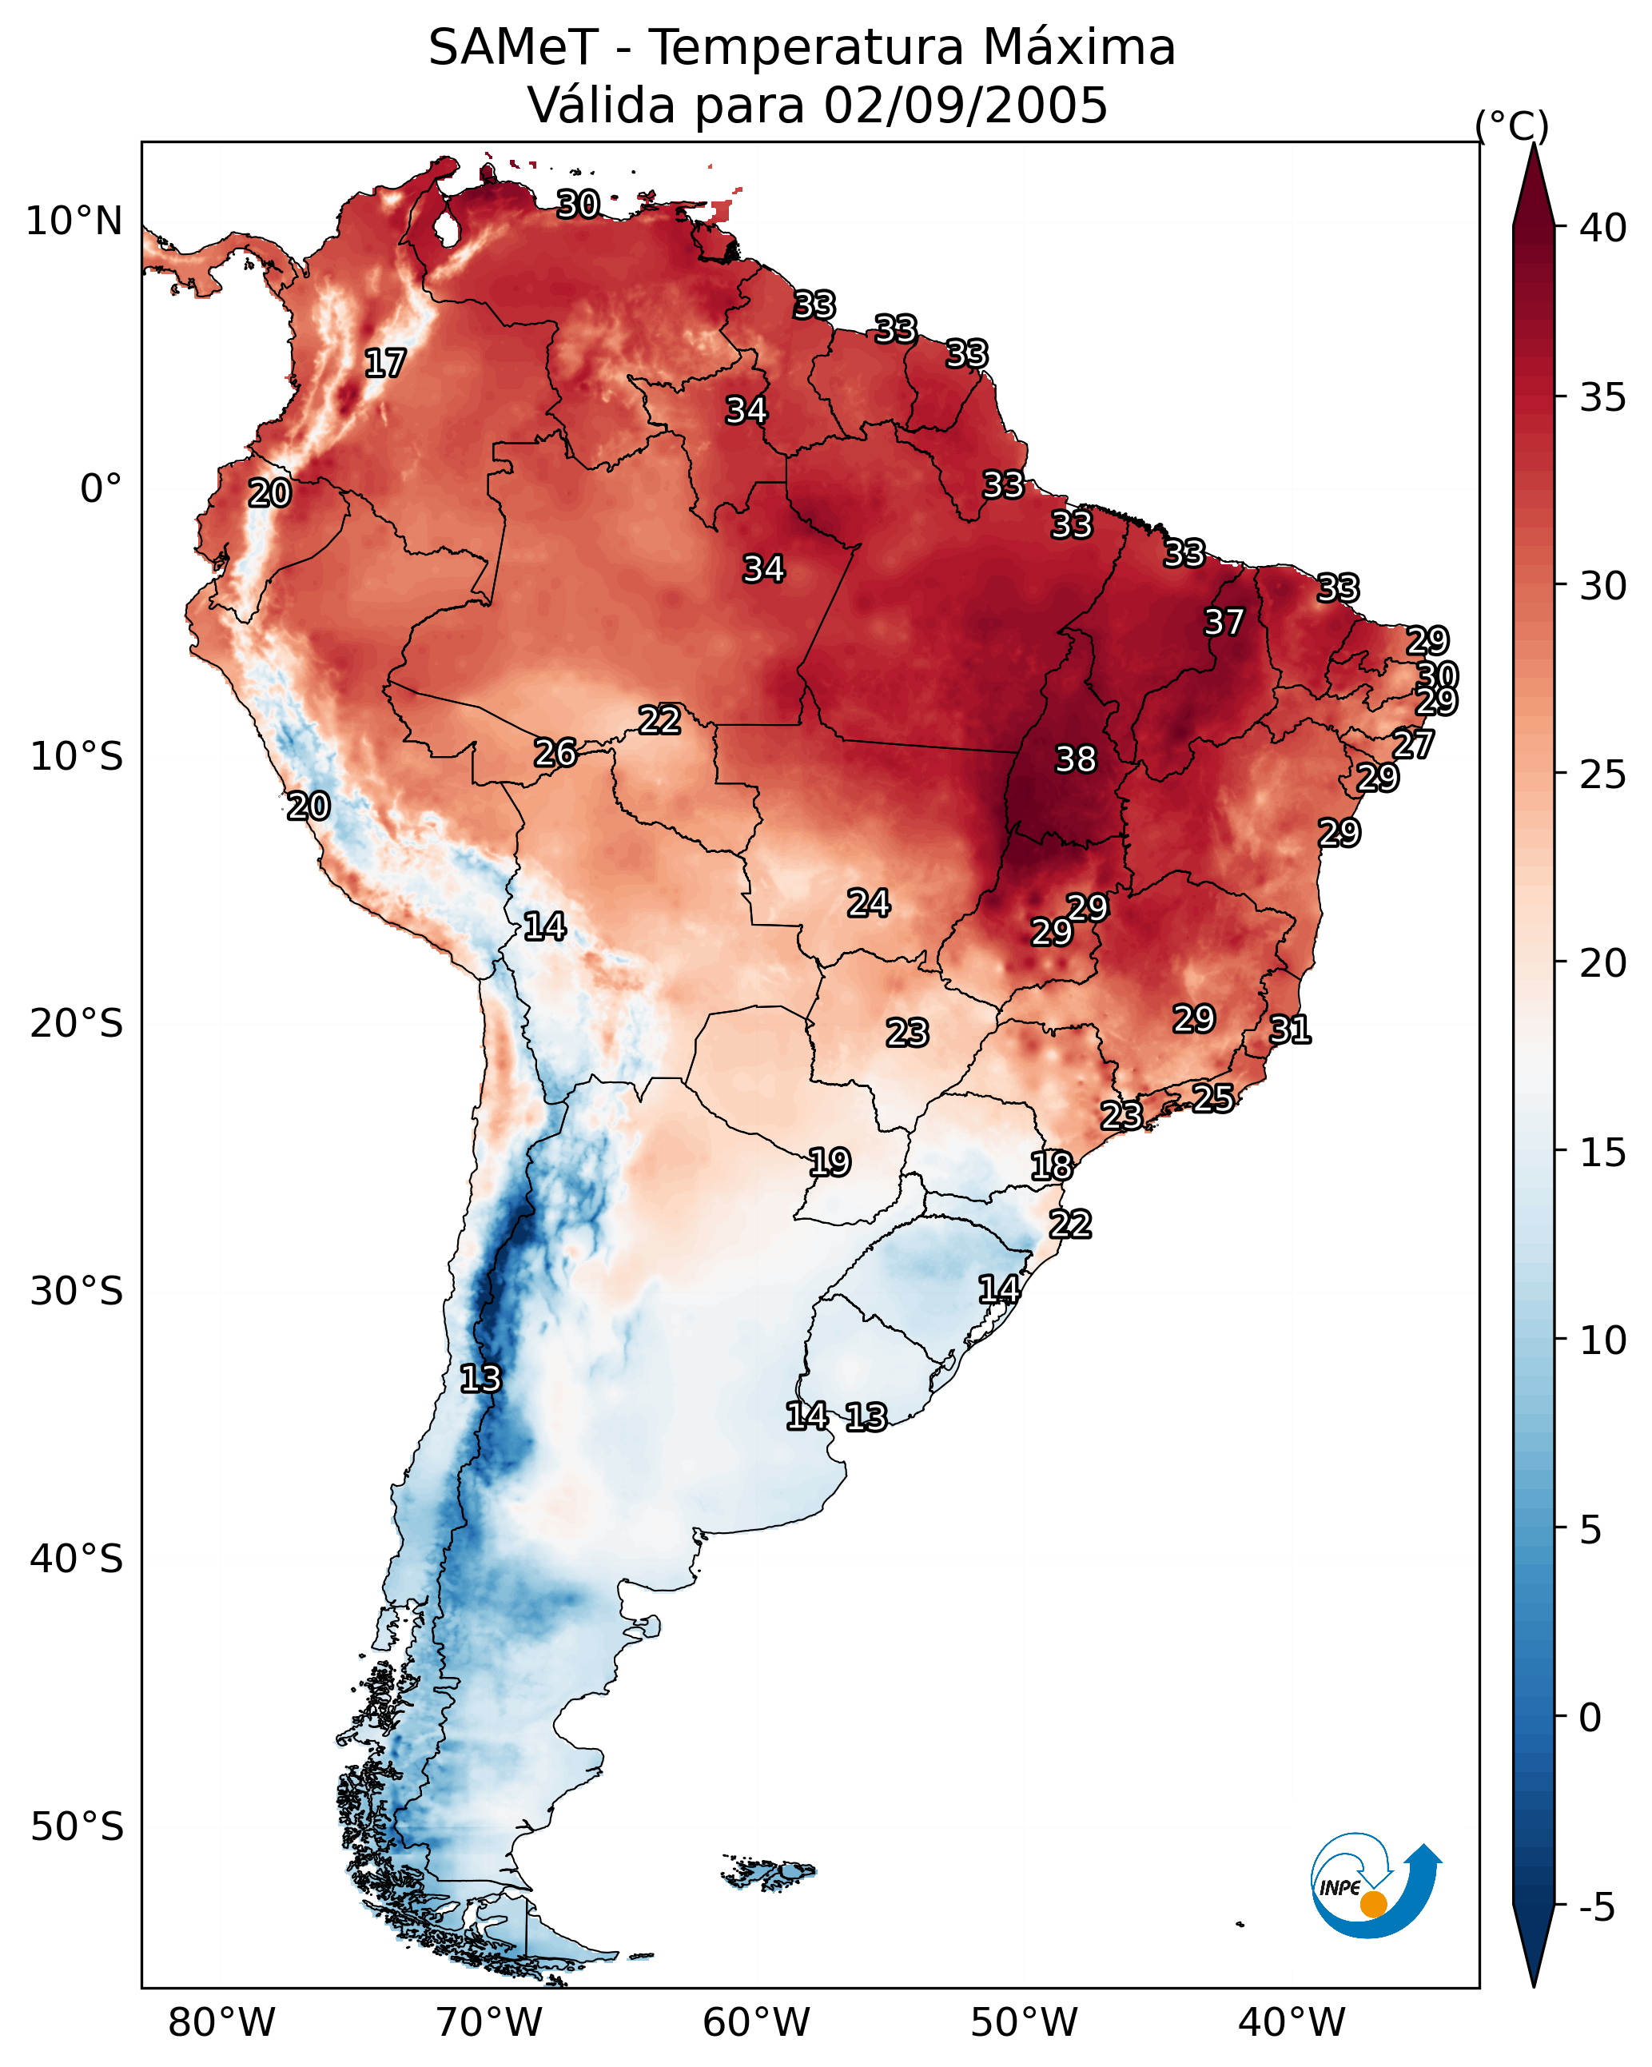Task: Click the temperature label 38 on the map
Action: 1075,759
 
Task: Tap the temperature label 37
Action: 1224,622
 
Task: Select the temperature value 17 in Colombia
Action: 384,364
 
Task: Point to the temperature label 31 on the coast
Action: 1290,1030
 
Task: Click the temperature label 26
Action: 555,753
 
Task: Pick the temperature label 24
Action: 869,903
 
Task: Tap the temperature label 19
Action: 830,1162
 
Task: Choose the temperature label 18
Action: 1052,1166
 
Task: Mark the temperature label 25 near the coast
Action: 1213,1097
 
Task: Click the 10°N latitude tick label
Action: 74,221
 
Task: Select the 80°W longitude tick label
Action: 221,2023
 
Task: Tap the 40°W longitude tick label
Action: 1292,2023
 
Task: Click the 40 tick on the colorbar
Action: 1603,228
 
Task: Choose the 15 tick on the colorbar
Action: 1603,1153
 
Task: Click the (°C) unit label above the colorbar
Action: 1512,125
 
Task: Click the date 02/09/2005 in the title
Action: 965,106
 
